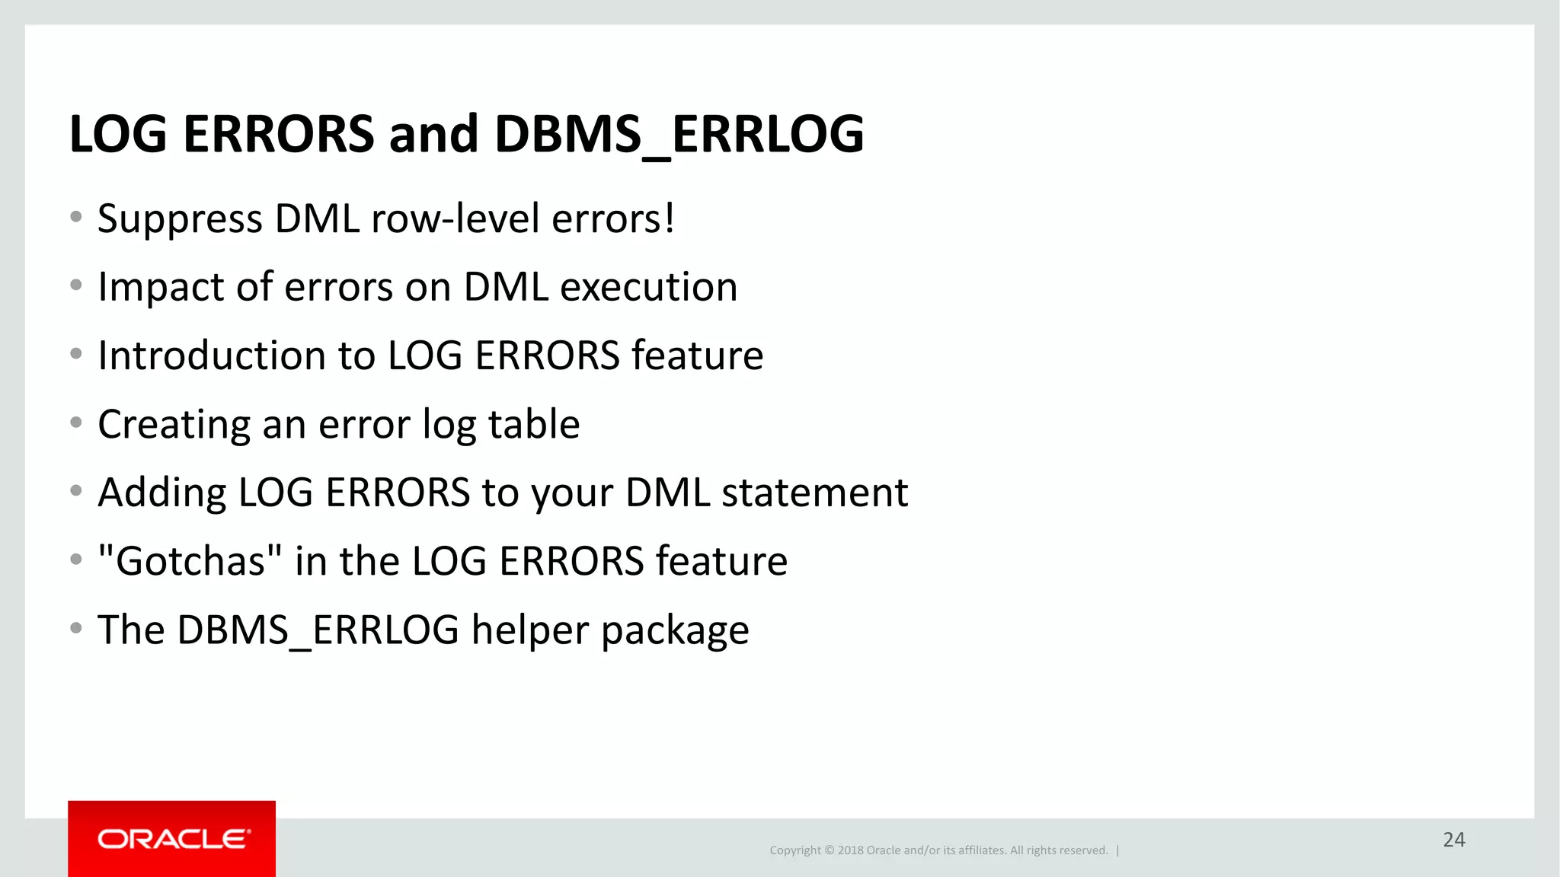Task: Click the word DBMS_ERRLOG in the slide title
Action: (x=679, y=135)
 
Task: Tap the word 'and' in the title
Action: (x=433, y=135)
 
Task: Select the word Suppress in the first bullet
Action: (x=180, y=219)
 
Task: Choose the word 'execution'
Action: (x=648, y=288)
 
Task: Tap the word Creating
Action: (x=174, y=425)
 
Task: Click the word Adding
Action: (x=161, y=493)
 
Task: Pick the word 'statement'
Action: (x=814, y=493)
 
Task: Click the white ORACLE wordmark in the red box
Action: (x=173, y=839)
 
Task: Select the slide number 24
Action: (x=1453, y=840)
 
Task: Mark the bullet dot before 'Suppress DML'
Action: (x=75, y=217)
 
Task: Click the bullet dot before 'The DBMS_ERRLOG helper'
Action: (x=75, y=628)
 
